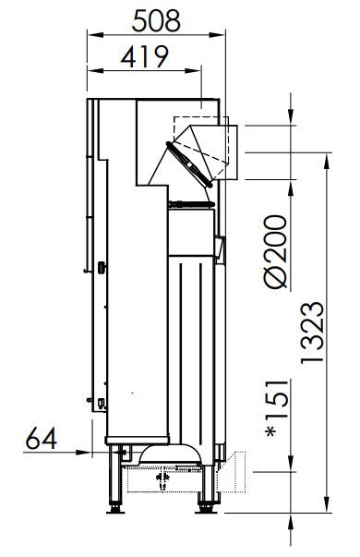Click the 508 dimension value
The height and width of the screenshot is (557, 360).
coord(156,21)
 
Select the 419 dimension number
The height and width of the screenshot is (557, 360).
coord(144,56)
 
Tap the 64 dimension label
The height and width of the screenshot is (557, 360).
coord(42,438)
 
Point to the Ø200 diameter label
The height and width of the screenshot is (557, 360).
coord(276,252)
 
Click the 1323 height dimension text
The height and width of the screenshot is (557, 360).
coord(312,333)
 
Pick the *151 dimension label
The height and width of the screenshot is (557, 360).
coord(276,408)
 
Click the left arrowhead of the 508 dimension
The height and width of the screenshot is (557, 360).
coord(95,35)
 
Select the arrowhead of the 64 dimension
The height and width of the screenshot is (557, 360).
coord(83,453)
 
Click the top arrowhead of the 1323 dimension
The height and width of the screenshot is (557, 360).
coord(328,161)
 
